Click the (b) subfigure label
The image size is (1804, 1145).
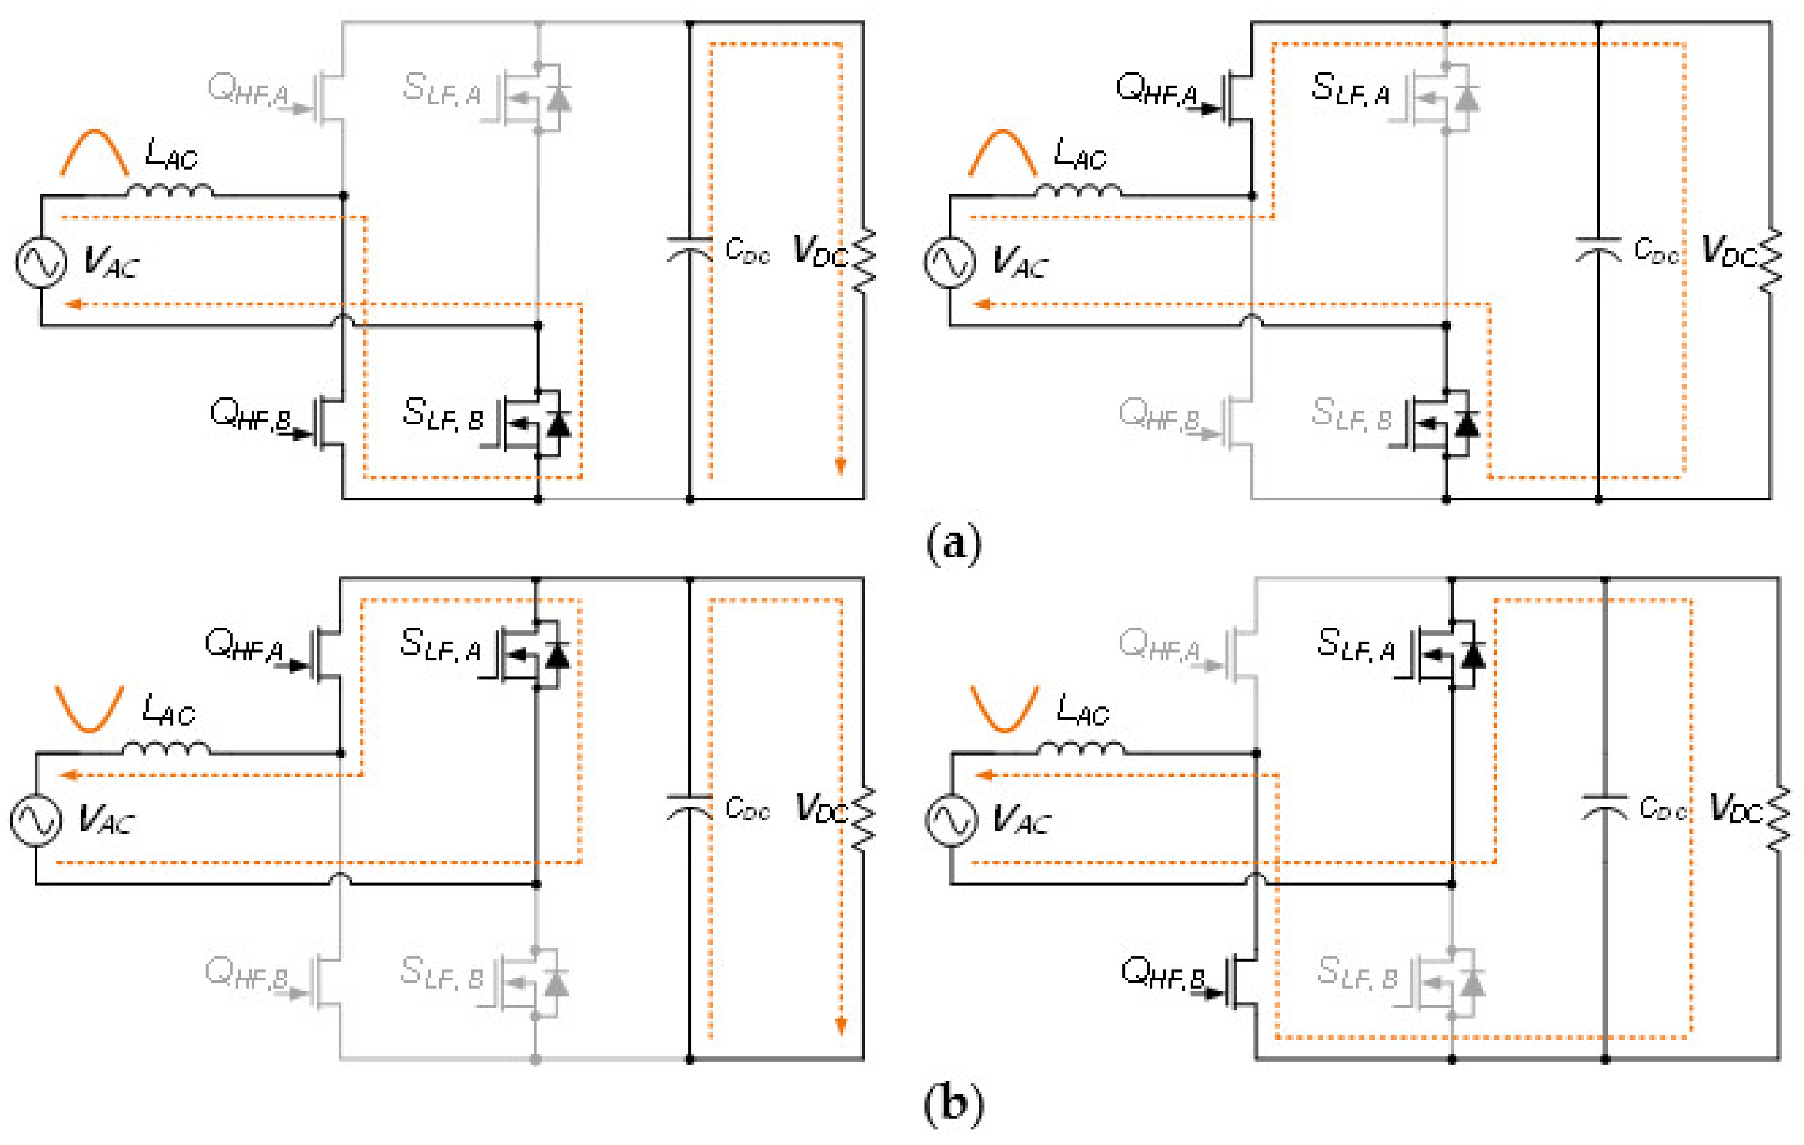(953, 1104)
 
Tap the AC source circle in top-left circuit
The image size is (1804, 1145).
(41, 262)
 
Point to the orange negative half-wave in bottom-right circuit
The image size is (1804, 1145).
(1004, 708)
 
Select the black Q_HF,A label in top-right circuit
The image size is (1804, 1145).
(1156, 89)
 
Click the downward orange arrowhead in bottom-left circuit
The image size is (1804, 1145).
(841, 1025)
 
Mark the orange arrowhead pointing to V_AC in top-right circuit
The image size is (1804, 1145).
(982, 304)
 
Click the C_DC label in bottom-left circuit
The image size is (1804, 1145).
(747, 809)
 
